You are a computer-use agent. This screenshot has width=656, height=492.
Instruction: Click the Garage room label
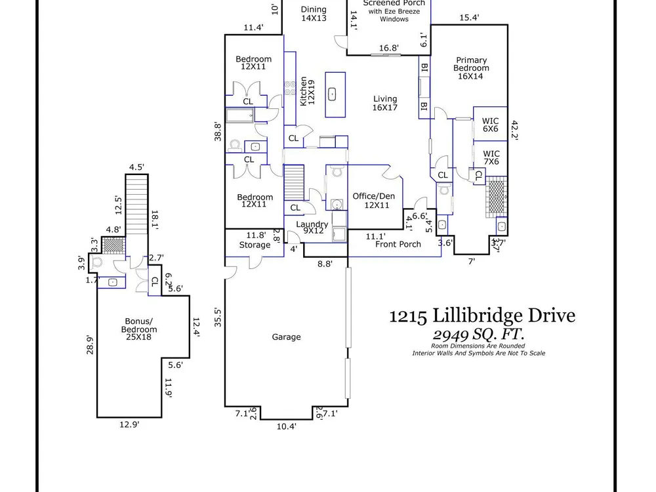(286, 337)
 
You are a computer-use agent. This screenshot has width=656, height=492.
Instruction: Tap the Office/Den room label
(374, 200)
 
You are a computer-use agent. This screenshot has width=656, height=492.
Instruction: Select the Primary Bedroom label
(470, 68)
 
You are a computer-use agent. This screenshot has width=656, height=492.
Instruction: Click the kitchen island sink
(332, 94)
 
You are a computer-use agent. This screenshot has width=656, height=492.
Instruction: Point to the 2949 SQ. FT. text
(478, 335)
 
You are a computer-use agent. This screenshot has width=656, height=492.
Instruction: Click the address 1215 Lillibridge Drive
(482, 316)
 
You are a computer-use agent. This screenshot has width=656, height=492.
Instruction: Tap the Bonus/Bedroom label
(139, 329)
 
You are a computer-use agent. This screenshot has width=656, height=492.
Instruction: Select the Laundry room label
(312, 227)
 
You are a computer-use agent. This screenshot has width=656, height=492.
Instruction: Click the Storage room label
(255, 245)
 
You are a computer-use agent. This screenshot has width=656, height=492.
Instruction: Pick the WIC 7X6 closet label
(491, 157)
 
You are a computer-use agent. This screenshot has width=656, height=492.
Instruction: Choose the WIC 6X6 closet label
(490, 125)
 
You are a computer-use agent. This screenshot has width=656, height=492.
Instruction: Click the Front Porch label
(398, 244)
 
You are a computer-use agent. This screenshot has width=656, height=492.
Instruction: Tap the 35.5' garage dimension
(217, 317)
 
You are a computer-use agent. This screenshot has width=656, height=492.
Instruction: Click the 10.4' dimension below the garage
(287, 426)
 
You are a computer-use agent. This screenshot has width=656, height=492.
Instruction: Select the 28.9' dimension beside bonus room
(90, 345)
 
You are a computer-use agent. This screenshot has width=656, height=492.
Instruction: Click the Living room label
(385, 103)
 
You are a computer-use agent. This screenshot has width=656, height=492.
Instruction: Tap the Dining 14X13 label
(314, 13)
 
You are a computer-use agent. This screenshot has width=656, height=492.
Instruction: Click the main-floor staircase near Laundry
(294, 182)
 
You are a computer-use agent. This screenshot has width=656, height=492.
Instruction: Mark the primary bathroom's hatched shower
(497, 197)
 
